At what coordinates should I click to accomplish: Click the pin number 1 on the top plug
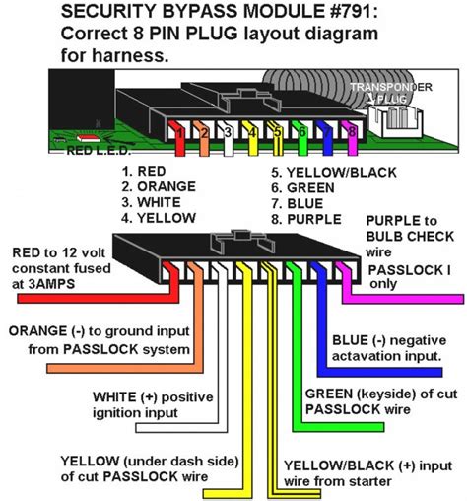click(x=176, y=129)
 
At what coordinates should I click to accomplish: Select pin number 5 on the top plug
click(x=278, y=129)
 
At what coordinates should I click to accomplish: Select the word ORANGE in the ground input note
click(x=38, y=332)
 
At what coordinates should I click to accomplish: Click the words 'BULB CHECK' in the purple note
click(x=405, y=236)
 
